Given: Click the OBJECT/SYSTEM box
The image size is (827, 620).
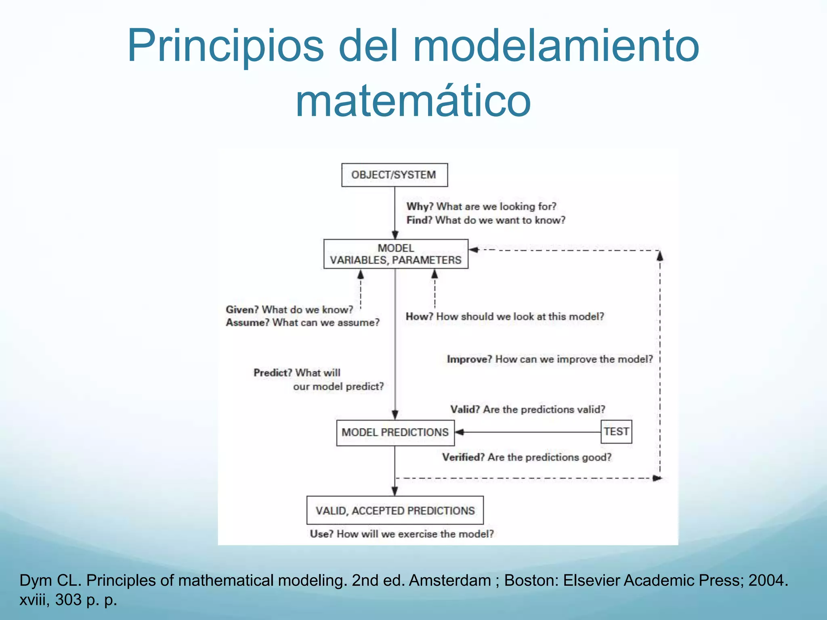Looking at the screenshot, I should (x=394, y=175).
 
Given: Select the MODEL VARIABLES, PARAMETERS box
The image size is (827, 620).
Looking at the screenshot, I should (x=395, y=254).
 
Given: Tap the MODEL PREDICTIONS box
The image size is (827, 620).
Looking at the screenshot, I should (x=395, y=432).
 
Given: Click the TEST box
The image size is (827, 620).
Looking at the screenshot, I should (x=616, y=431).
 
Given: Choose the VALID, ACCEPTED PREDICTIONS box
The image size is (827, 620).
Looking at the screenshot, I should (x=395, y=510).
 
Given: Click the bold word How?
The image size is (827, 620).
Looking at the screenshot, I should (x=419, y=316).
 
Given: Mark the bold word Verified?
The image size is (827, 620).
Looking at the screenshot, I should (x=463, y=457).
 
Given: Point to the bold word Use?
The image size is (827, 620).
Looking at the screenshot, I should (x=321, y=534).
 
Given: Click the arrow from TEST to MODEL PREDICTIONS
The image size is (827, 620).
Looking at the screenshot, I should (x=525, y=432).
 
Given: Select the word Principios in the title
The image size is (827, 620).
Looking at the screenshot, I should (x=225, y=45).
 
